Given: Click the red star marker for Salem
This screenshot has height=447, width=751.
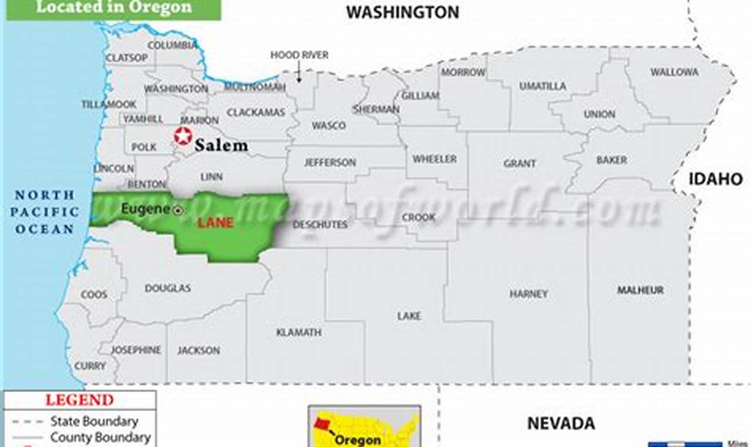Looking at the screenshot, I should (x=183, y=136).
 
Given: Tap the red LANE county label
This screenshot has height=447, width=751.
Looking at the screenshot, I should (x=215, y=222).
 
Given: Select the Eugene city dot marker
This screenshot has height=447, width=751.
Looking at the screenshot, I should (x=178, y=210).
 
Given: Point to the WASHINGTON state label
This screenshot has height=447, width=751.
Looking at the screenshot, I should (x=402, y=12).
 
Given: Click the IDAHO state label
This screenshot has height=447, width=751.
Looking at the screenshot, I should (x=716, y=179).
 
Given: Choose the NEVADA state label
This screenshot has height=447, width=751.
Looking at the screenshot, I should (x=561, y=422).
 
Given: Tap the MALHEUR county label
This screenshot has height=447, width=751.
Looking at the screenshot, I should (x=640, y=290).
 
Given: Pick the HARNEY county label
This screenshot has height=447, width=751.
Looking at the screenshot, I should (x=528, y=293).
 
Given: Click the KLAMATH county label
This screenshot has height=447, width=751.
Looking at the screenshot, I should (x=299, y=332).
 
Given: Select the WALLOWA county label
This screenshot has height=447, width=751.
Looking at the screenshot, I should (x=674, y=72).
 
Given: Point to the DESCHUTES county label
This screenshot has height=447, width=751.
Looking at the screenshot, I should (x=320, y=224).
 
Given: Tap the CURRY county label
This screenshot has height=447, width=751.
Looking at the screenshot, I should (x=90, y=366).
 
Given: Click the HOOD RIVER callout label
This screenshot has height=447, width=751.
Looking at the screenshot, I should (x=299, y=55).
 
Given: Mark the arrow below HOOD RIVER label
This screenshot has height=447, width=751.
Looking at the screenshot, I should (x=299, y=74).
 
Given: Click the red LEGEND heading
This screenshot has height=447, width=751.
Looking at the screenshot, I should (x=79, y=400).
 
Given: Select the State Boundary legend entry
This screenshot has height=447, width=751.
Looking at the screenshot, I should (x=94, y=421).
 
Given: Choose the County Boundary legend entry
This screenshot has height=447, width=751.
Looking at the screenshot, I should (x=100, y=437).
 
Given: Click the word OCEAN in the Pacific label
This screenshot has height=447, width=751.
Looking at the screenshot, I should (x=45, y=229).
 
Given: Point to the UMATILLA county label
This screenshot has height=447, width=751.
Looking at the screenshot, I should (x=542, y=86).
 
